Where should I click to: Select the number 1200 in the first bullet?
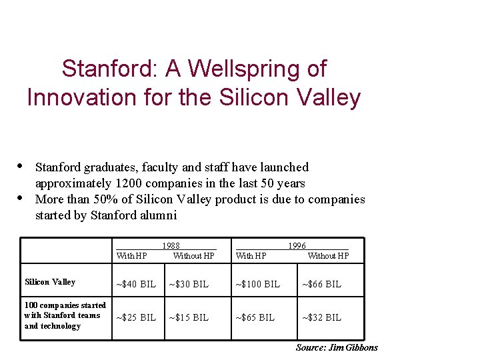[129, 183]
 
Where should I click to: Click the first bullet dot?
[21, 166]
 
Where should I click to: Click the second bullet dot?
[21, 198]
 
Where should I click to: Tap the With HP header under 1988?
[132, 255]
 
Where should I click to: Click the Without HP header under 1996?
[328, 255]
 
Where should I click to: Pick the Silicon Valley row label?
[49, 282]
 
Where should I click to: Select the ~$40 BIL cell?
[136, 284]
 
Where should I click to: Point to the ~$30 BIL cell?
[189, 284]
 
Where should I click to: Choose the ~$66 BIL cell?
[322, 284]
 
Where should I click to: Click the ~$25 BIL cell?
[136, 317]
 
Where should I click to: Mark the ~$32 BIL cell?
[322, 317]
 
